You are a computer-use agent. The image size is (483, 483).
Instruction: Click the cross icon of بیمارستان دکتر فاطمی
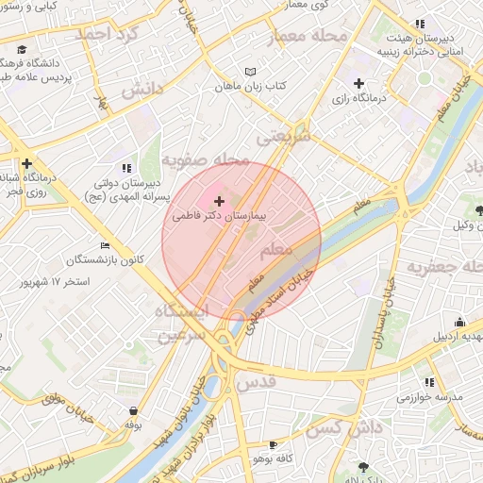pyautogui.click(x=220, y=201)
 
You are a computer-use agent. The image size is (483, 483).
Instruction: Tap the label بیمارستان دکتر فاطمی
pyautogui.click(x=220, y=216)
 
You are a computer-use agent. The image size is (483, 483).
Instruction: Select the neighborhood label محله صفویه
pyautogui.click(x=205, y=159)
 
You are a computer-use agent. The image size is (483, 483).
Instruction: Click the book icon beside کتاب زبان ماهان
pyautogui.click(x=250, y=72)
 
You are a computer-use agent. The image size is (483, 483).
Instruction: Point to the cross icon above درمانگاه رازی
pyautogui.click(x=358, y=84)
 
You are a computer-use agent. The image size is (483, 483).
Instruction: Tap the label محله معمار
pyautogui.click(x=308, y=37)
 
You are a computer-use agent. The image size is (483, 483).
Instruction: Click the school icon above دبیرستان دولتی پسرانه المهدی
pyautogui.click(x=127, y=168)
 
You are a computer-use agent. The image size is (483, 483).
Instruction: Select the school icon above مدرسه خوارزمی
pyautogui.click(x=430, y=382)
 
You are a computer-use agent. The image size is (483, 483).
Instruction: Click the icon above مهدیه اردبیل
pyautogui.click(x=459, y=323)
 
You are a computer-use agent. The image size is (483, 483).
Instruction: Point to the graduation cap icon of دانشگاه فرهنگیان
pyautogui.click(x=21, y=49)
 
